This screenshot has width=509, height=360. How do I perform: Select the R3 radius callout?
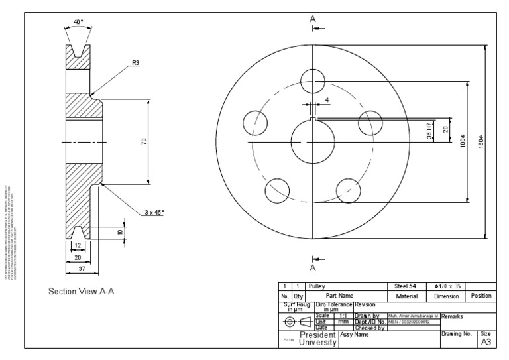(x=136, y=63)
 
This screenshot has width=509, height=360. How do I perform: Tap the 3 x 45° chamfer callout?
(x=154, y=212)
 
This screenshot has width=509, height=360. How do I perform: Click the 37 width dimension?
(x=82, y=269)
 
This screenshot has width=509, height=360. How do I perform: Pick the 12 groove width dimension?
(x=78, y=245)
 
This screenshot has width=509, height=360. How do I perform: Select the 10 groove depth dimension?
(x=120, y=232)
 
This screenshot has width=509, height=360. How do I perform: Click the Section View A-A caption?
(x=82, y=291)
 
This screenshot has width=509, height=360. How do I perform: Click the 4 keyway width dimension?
(x=326, y=101)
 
